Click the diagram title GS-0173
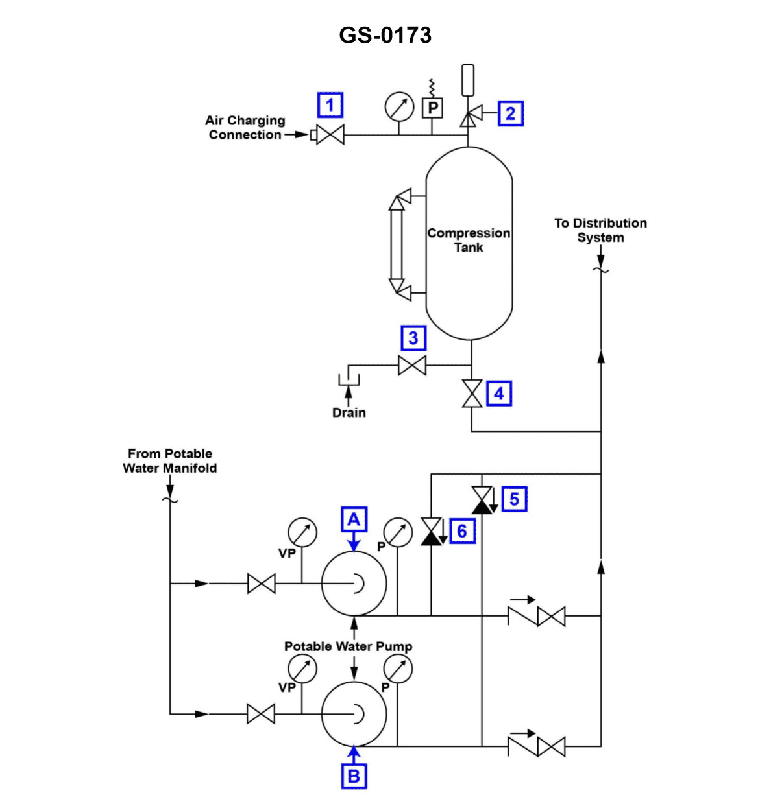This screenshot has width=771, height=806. (x=385, y=34)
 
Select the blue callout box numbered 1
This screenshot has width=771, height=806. (x=330, y=105)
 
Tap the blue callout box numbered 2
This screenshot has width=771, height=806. (x=510, y=113)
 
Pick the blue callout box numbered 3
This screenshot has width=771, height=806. (x=413, y=338)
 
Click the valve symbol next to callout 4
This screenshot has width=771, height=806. (x=472, y=394)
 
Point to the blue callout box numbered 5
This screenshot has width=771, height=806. (x=514, y=499)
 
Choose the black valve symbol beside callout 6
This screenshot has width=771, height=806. (x=431, y=531)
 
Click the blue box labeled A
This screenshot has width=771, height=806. (x=354, y=519)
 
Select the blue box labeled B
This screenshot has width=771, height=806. (x=354, y=776)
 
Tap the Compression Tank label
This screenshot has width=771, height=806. (x=469, y=240)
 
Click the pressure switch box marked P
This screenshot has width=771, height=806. (x=432, y=108)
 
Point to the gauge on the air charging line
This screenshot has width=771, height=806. (x=399, y=107)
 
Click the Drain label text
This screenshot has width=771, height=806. (x=349, y=413)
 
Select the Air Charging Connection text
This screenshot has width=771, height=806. (x=245, y=128)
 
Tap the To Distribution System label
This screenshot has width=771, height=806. (x=600, y=230)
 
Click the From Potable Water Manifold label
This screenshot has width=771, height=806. (x=170, y=461)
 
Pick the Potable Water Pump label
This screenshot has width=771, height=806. (x=348, y=646)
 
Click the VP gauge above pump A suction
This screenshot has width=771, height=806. (x=302, y=532)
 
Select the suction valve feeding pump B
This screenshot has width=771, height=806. (x=261, y=714)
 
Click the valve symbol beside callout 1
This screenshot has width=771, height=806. (x=330, y=135)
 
